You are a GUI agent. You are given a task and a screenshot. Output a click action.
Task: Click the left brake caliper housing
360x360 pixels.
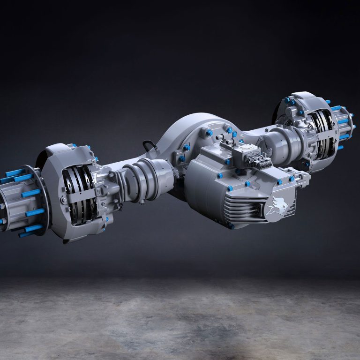pyautogui.click(x=70, y=187)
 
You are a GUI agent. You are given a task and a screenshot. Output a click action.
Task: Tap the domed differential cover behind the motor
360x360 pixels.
pyautogui.click(x=187, y=134)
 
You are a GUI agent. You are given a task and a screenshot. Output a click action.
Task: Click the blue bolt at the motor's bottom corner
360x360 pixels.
pyautogui.click(x=231, y=226)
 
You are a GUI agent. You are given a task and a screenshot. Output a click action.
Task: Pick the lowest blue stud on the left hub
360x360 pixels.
pyautogui.click(x=30, y=230)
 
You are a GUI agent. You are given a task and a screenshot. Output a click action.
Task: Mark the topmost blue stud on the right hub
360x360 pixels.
pyautogui.click(x=328, y=102)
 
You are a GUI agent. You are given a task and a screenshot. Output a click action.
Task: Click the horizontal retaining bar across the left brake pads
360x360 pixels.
pyautogui.click(x=83, y=197)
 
